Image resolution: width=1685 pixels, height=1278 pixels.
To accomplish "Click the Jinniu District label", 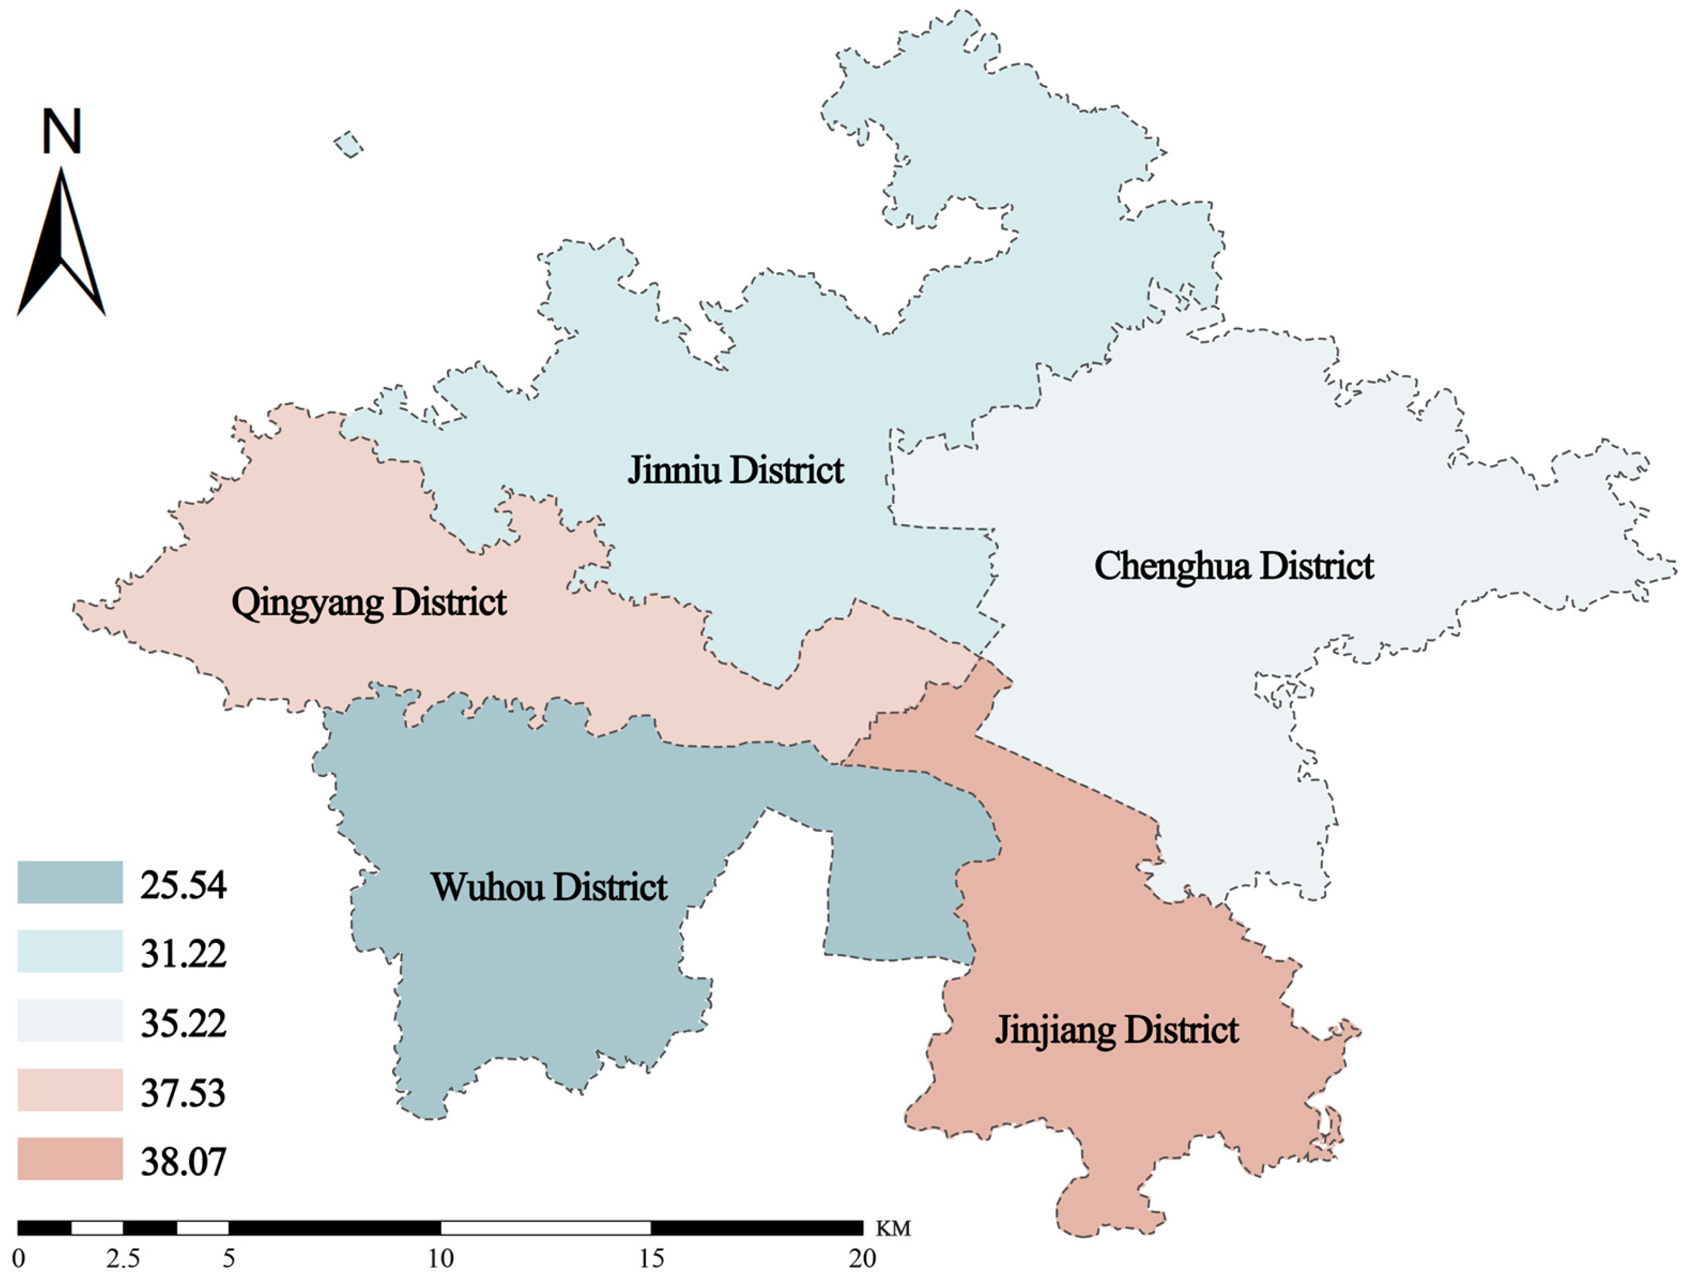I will [x=735, y=470].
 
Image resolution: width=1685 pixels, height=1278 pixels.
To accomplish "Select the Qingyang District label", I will [x=369, y=603].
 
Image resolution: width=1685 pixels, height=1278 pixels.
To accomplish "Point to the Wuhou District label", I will [x=549, y=886].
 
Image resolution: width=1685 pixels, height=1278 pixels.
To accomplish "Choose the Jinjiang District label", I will [x=1117, y=1030].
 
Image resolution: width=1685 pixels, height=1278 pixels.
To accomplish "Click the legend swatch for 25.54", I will [x=70, y=882].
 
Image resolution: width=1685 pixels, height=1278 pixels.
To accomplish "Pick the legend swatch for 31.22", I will [x=70, y=951].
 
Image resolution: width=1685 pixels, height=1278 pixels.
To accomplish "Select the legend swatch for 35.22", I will [x=70, y=1020].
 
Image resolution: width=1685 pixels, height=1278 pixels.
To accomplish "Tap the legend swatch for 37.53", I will [x=70, y=1089].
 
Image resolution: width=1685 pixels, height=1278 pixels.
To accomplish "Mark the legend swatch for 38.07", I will [x=70, y=1159].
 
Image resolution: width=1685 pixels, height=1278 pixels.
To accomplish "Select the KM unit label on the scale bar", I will [x=893, y=1229].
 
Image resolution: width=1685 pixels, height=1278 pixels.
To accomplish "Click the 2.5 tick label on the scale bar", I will [x=123, y=1258].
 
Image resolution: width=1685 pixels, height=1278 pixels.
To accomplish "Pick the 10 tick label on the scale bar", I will [x=440, y=1258].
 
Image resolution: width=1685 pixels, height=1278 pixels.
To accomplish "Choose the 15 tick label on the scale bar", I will [x=651, y=1258].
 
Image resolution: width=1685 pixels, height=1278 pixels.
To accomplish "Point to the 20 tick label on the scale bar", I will [x=862, y=1258].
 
